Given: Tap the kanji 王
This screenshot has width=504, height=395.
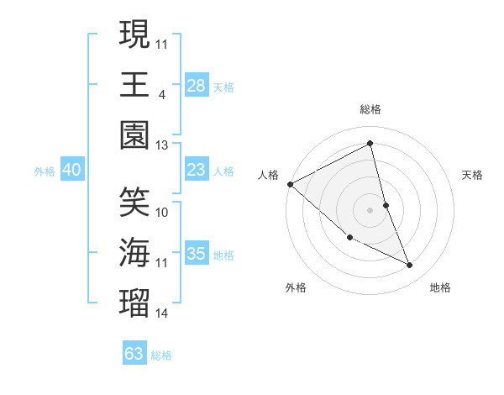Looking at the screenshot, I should tap(134, 85).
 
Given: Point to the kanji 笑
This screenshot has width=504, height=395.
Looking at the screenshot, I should tap(134, 203).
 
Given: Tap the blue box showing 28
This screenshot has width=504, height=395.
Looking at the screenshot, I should tap(196, 86).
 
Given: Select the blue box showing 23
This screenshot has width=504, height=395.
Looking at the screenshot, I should tap(196, 170).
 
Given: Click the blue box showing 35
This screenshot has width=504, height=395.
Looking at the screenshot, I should tap(196, 254).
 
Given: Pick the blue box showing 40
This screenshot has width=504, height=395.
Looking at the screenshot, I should tap(72, 170).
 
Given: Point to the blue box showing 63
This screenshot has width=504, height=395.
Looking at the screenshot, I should tap(134, 354).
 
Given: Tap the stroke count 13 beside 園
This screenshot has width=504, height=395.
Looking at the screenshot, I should tap(162, 145).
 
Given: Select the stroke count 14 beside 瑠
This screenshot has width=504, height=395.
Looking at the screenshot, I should tap(162, 313).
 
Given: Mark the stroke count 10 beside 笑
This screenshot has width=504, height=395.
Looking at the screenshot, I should tap(162, 212).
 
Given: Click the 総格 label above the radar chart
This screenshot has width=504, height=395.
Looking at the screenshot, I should tap(370, 109).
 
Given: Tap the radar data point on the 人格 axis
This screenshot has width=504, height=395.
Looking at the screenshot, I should tap(290, 184).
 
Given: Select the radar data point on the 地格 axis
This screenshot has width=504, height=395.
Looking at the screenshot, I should tap(410, 266).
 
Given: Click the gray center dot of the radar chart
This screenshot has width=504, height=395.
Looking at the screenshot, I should tap(370, 209).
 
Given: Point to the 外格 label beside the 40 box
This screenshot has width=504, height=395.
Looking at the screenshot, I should tap(45, 171).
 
